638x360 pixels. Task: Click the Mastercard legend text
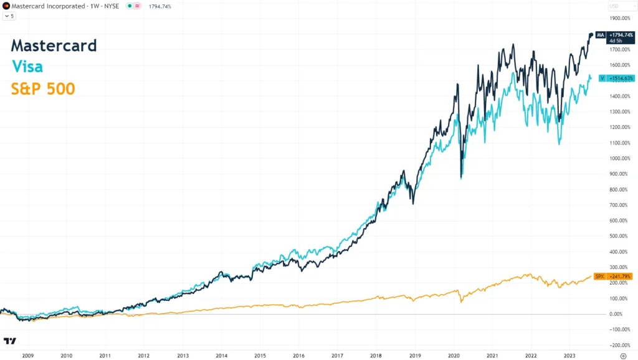point(54,45)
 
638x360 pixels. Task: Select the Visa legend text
point(27,67)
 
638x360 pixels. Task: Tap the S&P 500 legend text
point(43,89)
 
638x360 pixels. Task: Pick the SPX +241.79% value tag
point(613,276)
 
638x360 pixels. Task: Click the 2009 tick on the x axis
point(27,356)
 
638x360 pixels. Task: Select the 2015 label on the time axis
point(260,356)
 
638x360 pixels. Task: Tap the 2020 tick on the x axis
point(453,356)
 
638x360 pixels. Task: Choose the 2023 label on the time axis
point(569,356)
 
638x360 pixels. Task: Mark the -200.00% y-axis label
point(621,345)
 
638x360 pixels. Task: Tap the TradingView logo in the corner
point(9,341)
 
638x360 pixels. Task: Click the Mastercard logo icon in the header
point(6,6)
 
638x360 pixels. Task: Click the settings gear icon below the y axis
point(622,356)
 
